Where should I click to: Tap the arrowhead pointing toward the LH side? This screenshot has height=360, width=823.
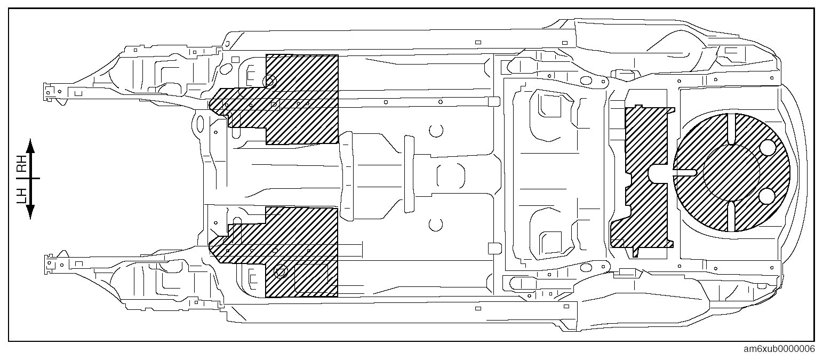30,213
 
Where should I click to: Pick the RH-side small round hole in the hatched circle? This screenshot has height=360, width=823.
768,148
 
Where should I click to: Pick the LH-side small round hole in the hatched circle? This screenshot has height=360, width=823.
768,196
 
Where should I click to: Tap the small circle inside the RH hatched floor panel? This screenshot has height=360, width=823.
270,82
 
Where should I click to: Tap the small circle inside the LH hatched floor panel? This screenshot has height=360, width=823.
280,273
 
